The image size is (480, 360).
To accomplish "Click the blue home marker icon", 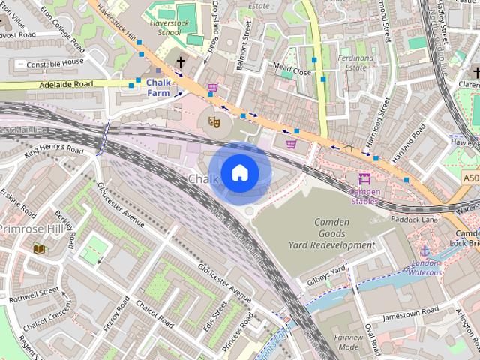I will pyautogui.click(x=239, y=173).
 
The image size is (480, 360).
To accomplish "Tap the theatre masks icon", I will pyautogui.click(x=214, y=119).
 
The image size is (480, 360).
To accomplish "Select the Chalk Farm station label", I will pyautogui.click(x=158, y=88).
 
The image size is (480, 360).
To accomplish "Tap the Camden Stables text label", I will pyautogui.click(x=365, y=196).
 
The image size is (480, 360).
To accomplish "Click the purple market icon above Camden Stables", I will pyautogui.click(x=365, y=179).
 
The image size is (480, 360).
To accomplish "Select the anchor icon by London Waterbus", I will pyautogui.click(x=424, y=250).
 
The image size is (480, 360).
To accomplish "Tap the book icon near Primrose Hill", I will pyautogui.click(x=38, y=248).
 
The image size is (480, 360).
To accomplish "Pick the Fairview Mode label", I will pyautogui.click(x=348, y=343).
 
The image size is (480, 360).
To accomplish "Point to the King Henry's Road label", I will pyautogui.click(x=54, y=150).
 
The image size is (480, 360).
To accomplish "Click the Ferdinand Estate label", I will pyautogui.click(x=355, y=62).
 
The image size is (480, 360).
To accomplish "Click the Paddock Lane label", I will pyautogui.click(x=415, y=220).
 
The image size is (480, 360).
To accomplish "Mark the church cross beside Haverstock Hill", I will pyautogui.click(x=180, y=62).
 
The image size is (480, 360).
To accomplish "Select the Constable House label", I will pyautogui.click(x=55, y=64).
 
